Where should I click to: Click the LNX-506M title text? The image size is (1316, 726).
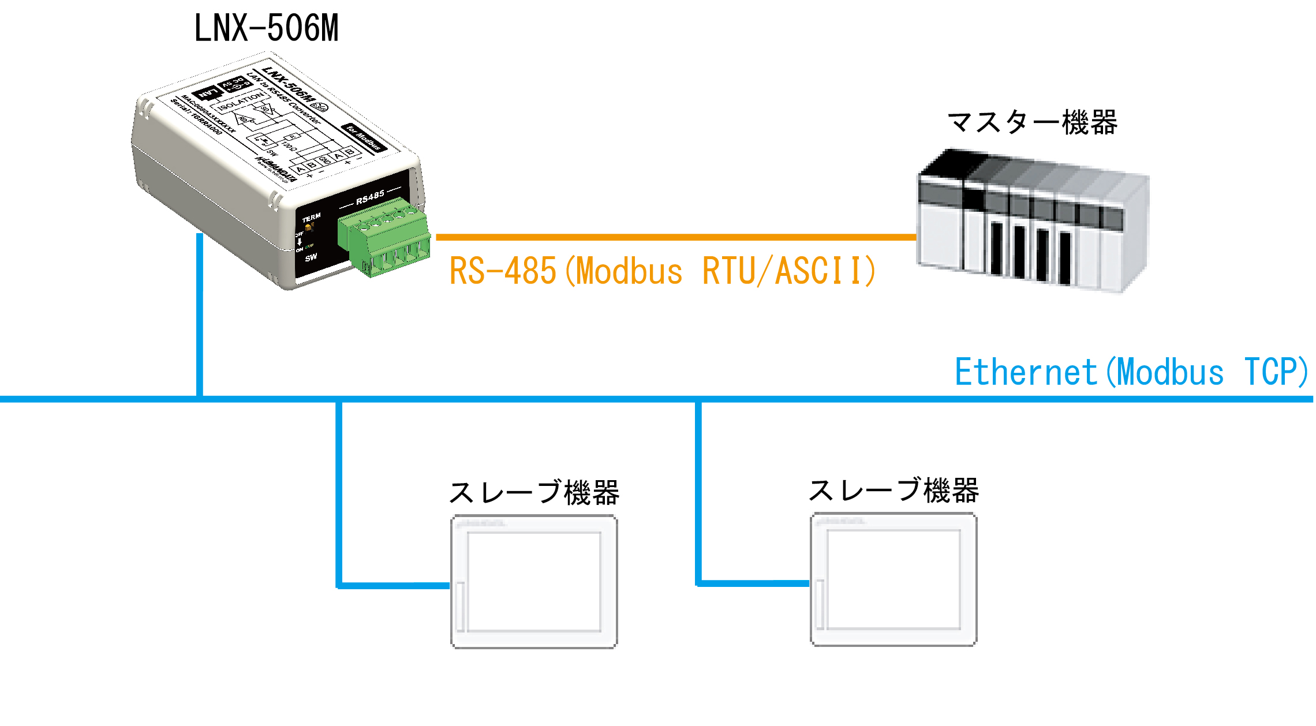266,28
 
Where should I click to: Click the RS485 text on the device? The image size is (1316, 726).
370,197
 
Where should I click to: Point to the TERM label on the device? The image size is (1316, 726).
311,218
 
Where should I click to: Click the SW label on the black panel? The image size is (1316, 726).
311,257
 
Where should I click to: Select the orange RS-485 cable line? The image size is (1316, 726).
675,237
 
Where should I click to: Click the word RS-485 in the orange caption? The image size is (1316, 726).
502,271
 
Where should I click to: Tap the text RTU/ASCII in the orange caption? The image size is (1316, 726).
788,271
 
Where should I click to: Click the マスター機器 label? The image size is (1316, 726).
1032,123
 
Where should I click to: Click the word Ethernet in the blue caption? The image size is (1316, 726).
1025,372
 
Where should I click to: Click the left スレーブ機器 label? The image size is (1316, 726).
534,493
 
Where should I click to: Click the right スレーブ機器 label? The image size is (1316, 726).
893,491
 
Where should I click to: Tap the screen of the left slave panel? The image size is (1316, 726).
534,582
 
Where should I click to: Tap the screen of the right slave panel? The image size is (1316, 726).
893,579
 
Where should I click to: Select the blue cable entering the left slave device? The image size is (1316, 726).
392,585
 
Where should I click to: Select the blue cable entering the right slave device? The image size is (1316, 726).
753,583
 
